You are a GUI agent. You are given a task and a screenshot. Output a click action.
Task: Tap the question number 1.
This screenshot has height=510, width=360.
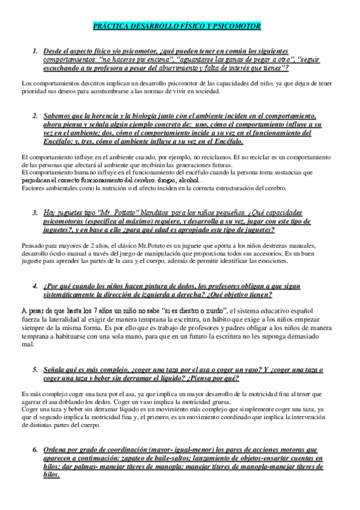coord(36,53)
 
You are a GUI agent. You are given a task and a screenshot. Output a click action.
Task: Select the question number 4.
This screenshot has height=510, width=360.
coord(36,286)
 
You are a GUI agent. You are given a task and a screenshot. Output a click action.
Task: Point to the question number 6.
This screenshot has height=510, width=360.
coord(36,449)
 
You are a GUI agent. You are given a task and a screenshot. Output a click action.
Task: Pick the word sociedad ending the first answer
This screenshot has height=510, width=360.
coord(206,91)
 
